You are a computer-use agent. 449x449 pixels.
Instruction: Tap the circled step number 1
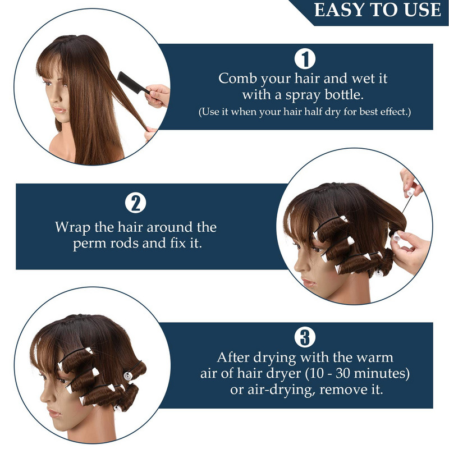(305, 59)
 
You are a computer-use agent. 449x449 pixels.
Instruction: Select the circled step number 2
(135, 203)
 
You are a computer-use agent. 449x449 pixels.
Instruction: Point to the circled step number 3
(305, 338)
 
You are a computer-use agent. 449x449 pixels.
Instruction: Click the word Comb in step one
(237, 79)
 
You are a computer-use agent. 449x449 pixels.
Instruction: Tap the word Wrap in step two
(73, 228)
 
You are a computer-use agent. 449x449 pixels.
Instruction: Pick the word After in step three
(233, 358)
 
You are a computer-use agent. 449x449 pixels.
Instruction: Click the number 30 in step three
(343, 373)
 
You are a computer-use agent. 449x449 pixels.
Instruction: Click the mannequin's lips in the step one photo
(59, 110)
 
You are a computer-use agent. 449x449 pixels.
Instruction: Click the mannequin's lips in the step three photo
(54, 413)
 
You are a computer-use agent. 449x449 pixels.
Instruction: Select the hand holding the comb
(158, 95)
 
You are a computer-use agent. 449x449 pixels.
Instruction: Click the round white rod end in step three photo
(128, 375)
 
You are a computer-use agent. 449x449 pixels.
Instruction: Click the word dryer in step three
(284, 374)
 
